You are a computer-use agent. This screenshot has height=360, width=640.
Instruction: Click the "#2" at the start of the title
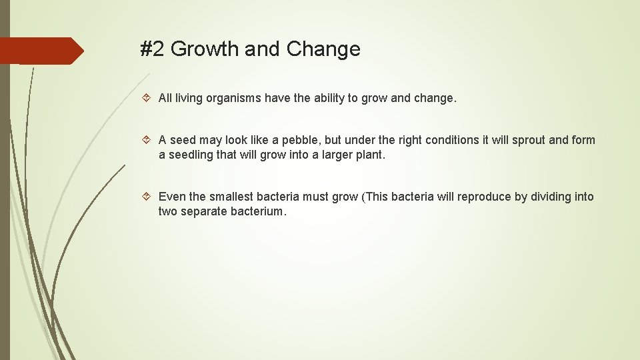click(x=153, y=49)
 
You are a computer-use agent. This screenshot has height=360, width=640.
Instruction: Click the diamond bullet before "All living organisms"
click(x=148, y=99)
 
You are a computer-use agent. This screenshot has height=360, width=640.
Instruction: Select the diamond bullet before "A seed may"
click(x=148, y=140)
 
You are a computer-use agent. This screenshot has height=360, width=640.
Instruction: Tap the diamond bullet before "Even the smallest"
click(x=148, y=197)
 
